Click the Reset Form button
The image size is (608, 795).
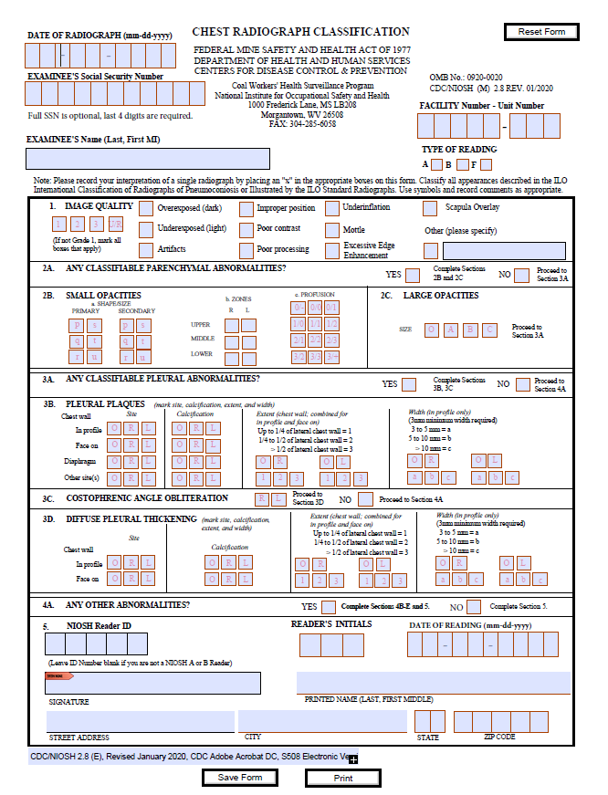coord(541,32)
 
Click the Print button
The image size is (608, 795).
coord(342,779)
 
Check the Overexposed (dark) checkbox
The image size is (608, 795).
coord(146,209)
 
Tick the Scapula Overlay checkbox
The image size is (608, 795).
coord(430,208)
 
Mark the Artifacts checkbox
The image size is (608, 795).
coord(146,249)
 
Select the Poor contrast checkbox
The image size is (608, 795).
coord(245,229)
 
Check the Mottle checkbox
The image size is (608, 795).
coord(332,229)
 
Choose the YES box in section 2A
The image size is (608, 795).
coord(413,275)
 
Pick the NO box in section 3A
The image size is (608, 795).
coord(523,384)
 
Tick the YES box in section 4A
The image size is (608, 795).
coord(329,607)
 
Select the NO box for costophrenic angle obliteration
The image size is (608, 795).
coord(365,499)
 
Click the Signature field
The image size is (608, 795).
coord(152,684)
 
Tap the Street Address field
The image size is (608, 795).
coord(141,721)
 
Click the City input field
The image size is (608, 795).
coord(323,721)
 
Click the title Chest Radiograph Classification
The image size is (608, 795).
coord(300,32)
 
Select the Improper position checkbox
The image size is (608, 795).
coord(245,209)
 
